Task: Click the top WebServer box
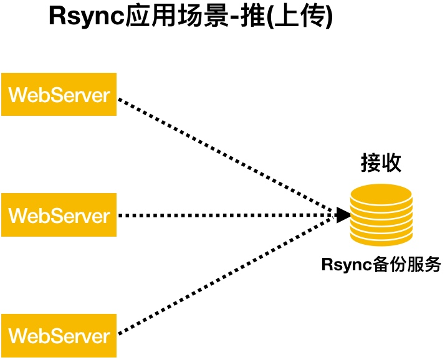pos(59,94)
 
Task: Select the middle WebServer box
pos(59,215)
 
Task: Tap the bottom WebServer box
pos(59,336)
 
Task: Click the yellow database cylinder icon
pos(381,215)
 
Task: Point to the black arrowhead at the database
pos(343,215)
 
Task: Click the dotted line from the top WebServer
pos(226,156)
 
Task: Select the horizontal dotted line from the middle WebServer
pos(227,216)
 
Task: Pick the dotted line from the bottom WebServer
pos(226,276)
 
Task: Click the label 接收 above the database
pos(381,163)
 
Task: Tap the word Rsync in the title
pos(87,16)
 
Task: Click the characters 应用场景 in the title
pos(176,16)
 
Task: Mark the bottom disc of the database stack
pos(381,239)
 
